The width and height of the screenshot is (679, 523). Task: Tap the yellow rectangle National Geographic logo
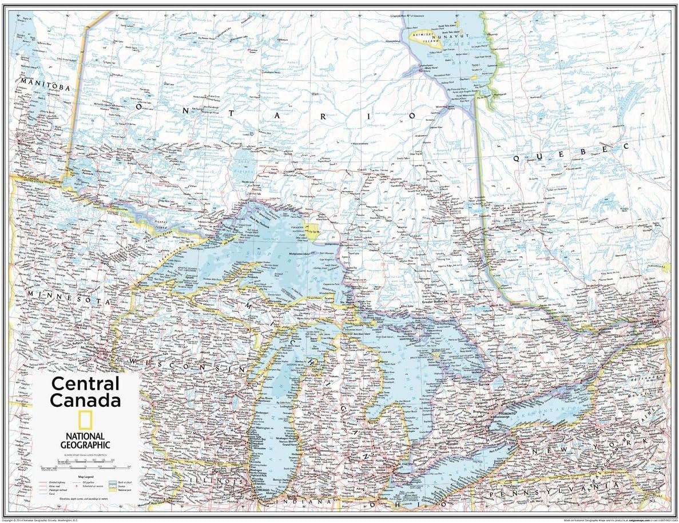click(x=85, y=421)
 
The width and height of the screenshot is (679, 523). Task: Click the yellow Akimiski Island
click(x=428, y=38)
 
